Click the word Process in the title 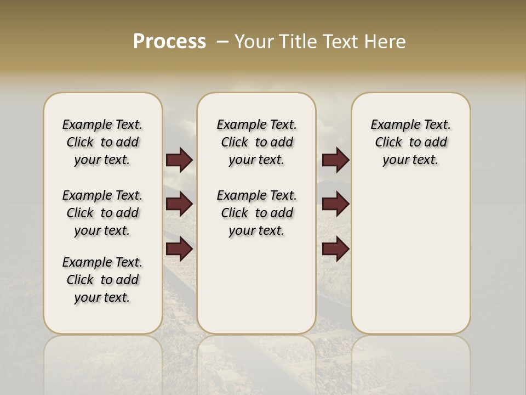[x=169, y=41]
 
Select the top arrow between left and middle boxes [x=179, y=160]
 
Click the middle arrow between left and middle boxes [x=179, y=204]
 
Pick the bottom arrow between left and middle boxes [x=179, y=249]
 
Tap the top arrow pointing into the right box [x=335, y=160]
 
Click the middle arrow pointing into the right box [x=335, y=204]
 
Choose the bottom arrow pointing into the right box [x=335, y=249]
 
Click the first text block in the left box [x=102, y=142]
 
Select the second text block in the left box [x=102, y=213]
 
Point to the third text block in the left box [x=102, y=280]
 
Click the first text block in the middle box [x=257, y=142]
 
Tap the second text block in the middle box [x=257, y=213]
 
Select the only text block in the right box [x=411, y=142]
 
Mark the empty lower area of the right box [x=411, y=258]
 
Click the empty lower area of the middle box [x=257, y=285]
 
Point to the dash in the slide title [x=222, y=41]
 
